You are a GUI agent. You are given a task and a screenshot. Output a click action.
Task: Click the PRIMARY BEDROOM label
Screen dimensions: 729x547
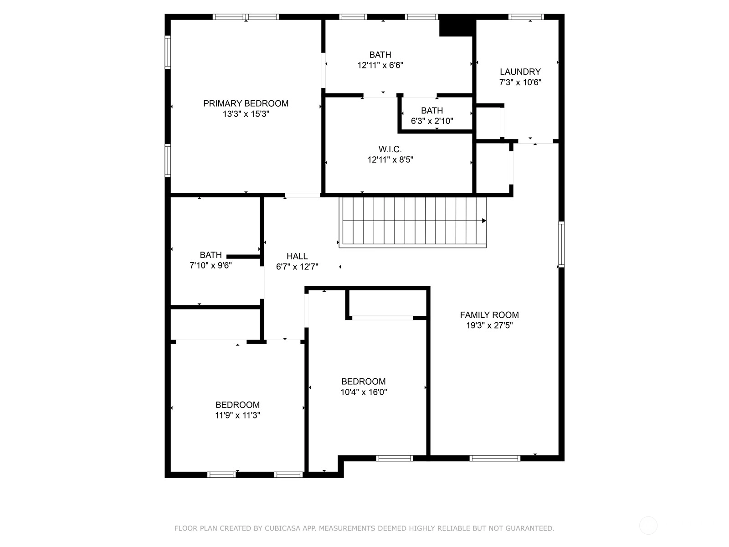click(x=246, y=103)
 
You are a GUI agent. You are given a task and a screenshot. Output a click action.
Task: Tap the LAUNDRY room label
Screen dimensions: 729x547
click(x=520, y=72)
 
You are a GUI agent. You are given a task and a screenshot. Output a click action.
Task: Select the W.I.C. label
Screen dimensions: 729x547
click(x=390, y=149)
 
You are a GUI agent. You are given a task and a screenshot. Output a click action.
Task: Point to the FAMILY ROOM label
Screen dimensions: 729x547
click(x=489, y=315)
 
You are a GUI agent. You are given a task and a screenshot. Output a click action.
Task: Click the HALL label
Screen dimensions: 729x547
click(x=297, y=256)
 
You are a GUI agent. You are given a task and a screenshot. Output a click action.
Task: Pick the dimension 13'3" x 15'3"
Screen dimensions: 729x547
click(x=246, y=114)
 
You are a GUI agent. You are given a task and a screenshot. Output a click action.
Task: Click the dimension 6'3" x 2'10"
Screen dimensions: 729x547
click(x=432, y=121)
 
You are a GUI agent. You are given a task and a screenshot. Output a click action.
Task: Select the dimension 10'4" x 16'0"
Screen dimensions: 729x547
click(x=363, y=392)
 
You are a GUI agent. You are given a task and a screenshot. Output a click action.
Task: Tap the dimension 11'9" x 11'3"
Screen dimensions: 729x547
click(x=237, y=415)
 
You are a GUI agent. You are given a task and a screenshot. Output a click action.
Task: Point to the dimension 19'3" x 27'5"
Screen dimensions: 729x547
click(x=489, y=325)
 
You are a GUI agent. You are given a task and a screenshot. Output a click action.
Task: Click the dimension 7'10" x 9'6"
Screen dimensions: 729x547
click(x=210, y=265)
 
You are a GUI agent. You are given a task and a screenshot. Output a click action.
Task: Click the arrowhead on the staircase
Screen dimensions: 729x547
click(x=484, y=221)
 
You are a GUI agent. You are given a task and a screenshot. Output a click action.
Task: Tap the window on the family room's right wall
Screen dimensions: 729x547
click(x=561, y=244)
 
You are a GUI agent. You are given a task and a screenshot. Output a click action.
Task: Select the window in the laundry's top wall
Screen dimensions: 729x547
click(x=526, y=16)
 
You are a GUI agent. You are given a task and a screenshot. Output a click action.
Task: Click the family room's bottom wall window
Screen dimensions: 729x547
click(x=494, y=458)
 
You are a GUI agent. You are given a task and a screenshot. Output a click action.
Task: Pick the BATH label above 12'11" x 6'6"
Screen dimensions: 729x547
click(x=380, y=55)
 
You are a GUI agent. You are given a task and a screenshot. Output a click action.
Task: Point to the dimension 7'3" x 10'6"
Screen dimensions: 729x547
click(x=520, y=83)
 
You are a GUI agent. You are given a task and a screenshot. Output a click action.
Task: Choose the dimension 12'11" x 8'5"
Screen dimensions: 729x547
click(x=390, y=160)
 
